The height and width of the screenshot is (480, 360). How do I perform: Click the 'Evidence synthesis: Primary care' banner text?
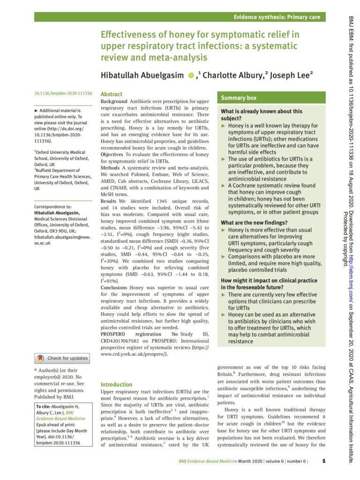tap(277, 17)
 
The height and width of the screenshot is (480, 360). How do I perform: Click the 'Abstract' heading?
tap(112, 94)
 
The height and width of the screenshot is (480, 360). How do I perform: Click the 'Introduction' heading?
tap(116, 384)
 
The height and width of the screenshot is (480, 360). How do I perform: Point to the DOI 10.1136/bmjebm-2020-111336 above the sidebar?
tap(63, 94)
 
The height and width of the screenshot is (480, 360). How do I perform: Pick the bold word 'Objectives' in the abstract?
tap(115, 154)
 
